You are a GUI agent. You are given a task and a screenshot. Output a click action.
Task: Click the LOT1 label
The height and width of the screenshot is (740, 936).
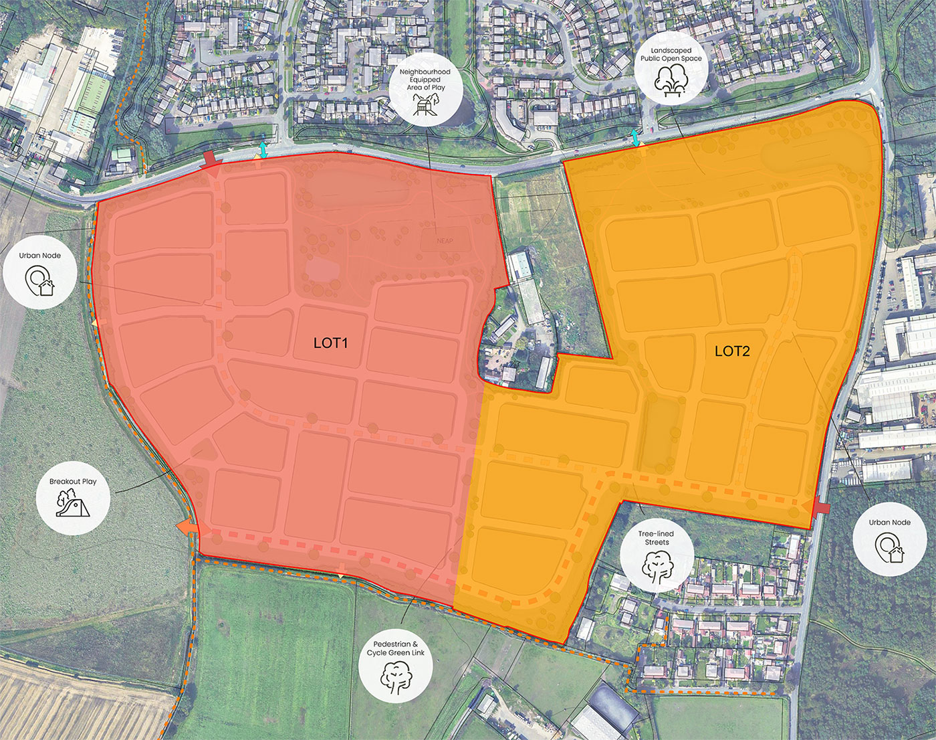pos(331,343)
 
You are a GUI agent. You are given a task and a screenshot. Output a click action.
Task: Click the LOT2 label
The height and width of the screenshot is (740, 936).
pos(732,351)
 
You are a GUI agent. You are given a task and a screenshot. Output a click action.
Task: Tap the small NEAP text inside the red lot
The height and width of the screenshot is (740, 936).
pos(445,241)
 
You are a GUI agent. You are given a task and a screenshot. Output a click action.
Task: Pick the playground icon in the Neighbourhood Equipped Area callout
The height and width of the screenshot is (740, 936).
pos(425,104)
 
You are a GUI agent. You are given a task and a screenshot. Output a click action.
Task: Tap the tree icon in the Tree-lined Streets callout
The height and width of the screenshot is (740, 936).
pos(657,567)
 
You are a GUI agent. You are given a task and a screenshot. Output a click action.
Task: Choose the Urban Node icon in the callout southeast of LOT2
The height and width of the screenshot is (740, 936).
pos(889,548)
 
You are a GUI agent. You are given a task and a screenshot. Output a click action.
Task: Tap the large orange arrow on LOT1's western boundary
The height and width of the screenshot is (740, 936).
pos(188,528)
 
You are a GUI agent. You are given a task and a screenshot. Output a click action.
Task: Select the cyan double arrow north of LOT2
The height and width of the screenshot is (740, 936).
pos(635,138)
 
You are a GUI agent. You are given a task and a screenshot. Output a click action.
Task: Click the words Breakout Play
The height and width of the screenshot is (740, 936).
pos(73,481)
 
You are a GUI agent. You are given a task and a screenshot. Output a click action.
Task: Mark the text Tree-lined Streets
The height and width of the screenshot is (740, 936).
pos(657,538)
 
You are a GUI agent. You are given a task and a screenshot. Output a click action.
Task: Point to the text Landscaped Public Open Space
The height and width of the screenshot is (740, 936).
pos(671,54)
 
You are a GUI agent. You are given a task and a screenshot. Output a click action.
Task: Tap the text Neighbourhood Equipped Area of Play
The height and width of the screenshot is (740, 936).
pos(425,79)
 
